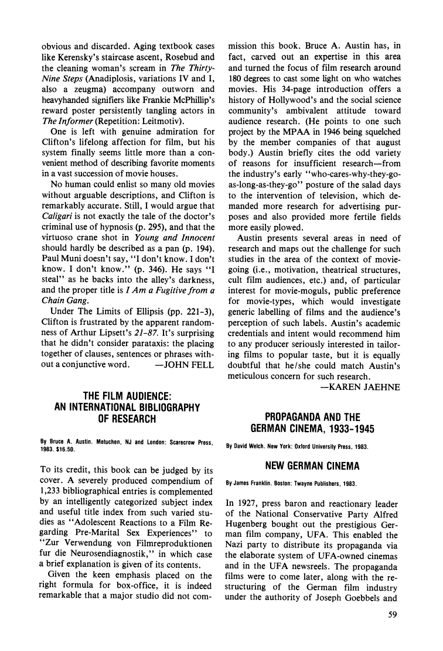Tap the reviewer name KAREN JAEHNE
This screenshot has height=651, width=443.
click(361, 387)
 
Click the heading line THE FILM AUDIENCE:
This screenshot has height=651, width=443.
click(127, 396)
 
